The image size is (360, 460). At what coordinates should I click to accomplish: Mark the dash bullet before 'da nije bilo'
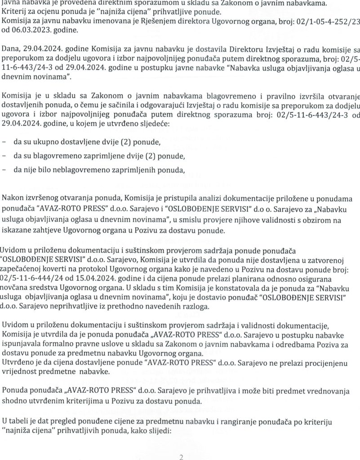(4, 170)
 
